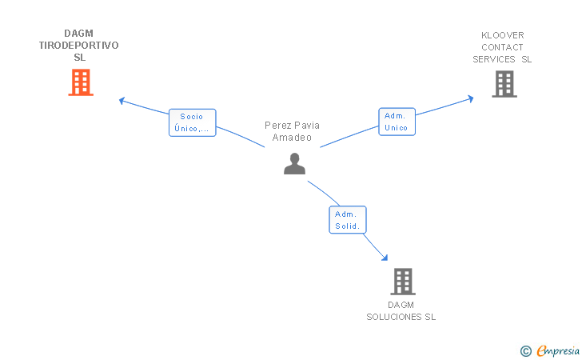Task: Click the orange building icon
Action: tap(80, 82)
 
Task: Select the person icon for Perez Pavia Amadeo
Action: tap(294, 163)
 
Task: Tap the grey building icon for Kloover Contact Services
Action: tap(504, 83)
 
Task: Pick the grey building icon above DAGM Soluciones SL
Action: tap(402, 282)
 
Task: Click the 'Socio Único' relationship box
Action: tap(192, 122)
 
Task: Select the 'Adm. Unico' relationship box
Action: tap(397, 122)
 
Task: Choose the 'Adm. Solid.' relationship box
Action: tap(347, 220)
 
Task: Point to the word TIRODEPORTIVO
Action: tap(79, 46)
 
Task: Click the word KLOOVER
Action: tap(502, 35)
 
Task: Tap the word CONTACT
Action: tap(502, 47)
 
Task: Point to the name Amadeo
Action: tap(292, 138)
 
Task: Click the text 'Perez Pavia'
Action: tap(292, 126)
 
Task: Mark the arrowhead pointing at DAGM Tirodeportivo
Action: tap(122, 101)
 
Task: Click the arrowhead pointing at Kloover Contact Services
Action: tap(470, 98)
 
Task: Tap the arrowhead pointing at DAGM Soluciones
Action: tap(385, 257)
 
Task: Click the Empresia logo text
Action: tap(556, 350)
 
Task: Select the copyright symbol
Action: tap(525, 350)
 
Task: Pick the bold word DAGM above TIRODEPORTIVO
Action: tap(79, 34)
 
